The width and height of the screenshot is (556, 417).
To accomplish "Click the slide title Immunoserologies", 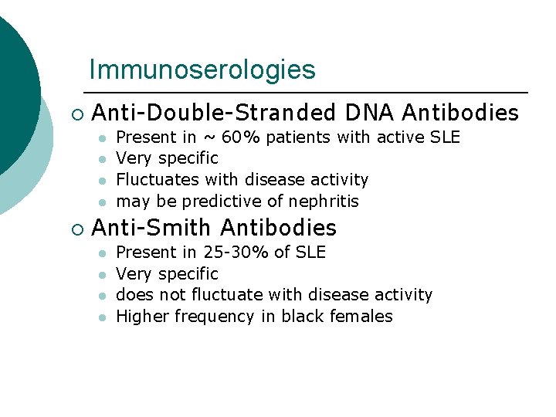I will pyautogui.click(x=202, y=70).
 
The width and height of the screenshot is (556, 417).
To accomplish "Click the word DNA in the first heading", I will pyautogui.click(x=369, y=114).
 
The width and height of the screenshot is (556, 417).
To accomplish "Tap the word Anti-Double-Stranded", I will pyautogui.click(x=214, y=114).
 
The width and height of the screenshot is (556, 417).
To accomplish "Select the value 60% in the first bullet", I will pyautogui.click(x=242, y=137).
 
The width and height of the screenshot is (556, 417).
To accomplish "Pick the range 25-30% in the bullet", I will pyautogui.click(x=232, y=253).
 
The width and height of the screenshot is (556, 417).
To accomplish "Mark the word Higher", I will pyautogui.click(x=142, y=316).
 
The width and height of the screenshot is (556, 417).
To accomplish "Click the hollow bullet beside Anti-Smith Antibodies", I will pyautogui.click(x=76, y=229).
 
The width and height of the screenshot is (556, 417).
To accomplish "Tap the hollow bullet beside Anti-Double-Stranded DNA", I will pyautogui.click(x=76, y=115).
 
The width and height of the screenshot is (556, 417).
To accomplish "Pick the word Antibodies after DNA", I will pyautogui.click(x=460, y=114).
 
